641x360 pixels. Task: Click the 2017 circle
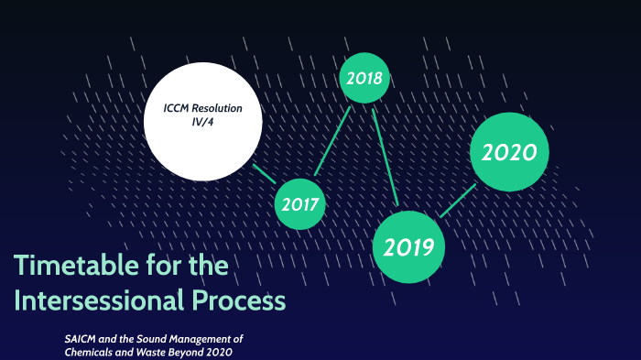[299, 204]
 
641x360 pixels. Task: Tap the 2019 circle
[408, 246]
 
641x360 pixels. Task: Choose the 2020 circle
[509, 152]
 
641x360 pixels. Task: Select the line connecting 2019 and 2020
[457, 201]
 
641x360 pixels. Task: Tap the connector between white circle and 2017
[264, 174]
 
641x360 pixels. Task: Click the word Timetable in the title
[70, 267]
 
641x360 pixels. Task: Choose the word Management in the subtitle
[209, 339]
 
